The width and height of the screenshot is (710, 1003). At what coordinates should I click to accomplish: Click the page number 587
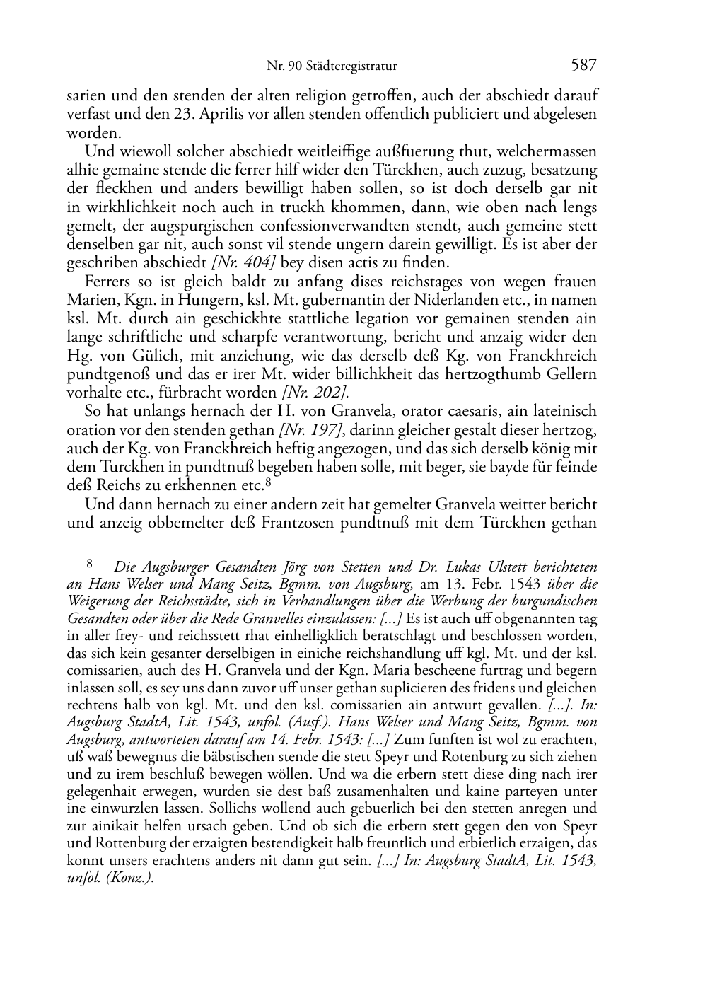click(x=583, y=66)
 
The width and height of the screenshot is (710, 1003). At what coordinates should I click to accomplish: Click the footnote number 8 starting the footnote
click(x=90, y=564)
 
